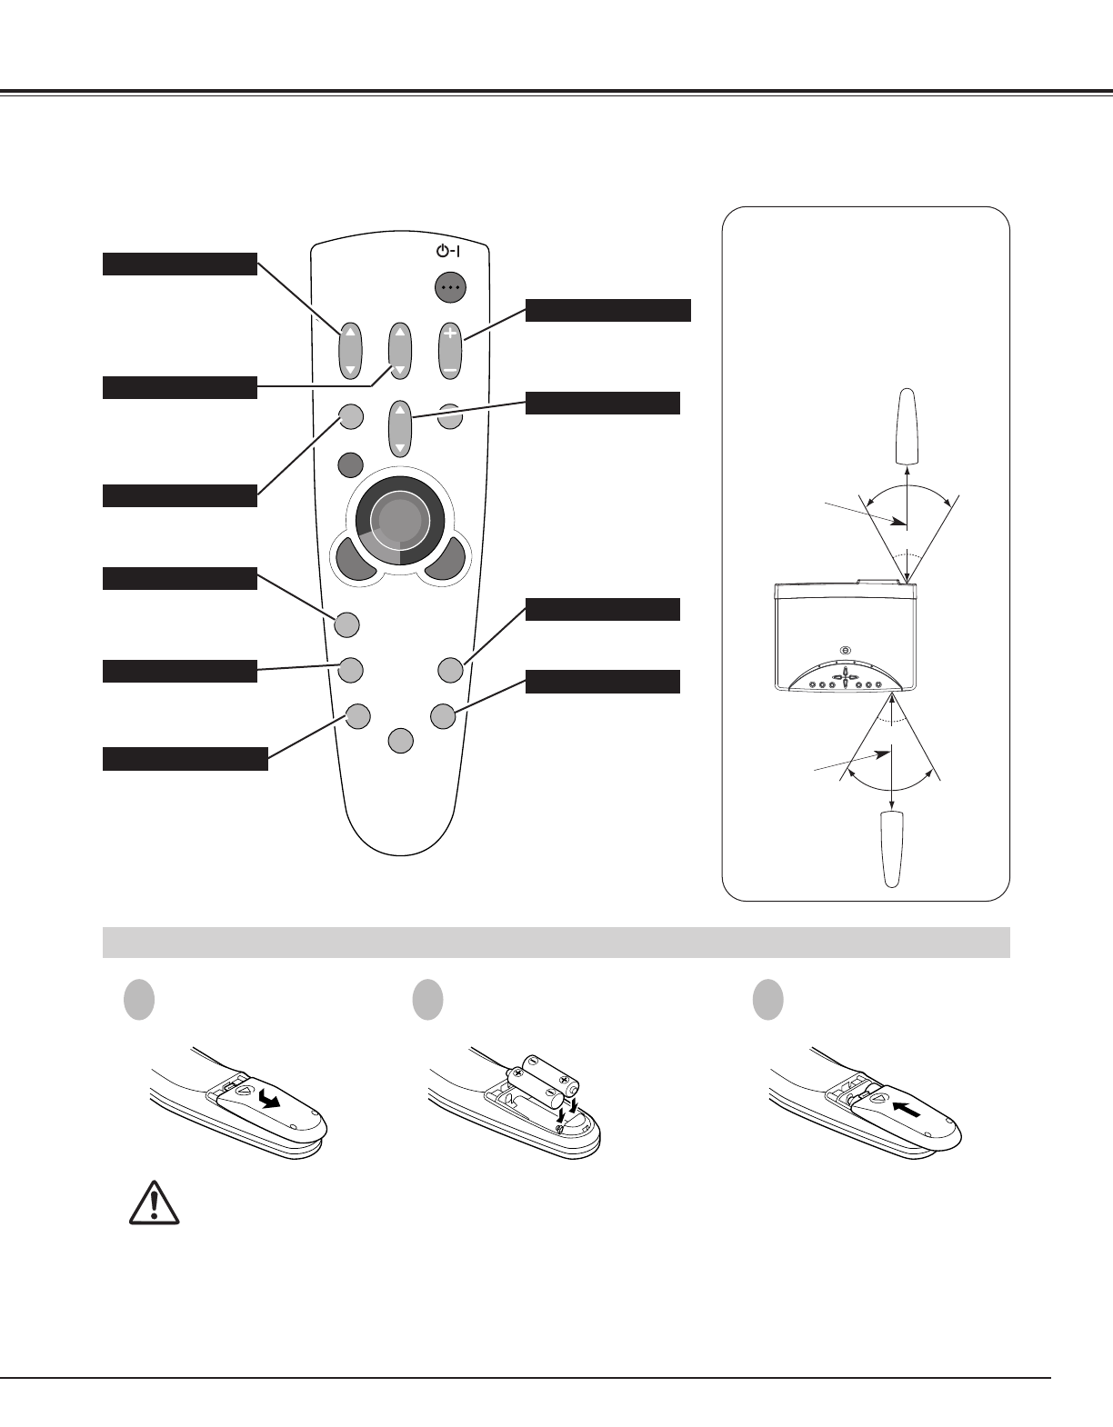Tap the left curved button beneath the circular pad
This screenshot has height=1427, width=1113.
tap(355, 559)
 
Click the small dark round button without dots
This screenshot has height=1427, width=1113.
tap(349, 464)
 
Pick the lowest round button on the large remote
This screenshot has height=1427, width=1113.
tap(400, 741)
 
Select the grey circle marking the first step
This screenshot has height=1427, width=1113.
tap(138, 1000)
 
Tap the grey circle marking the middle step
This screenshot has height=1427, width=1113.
tap(427, 1000)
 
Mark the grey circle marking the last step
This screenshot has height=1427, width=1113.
tap(768, 1000)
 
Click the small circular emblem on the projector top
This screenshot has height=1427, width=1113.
tap(846, 650)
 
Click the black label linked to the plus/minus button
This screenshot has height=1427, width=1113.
tap(607, 310)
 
